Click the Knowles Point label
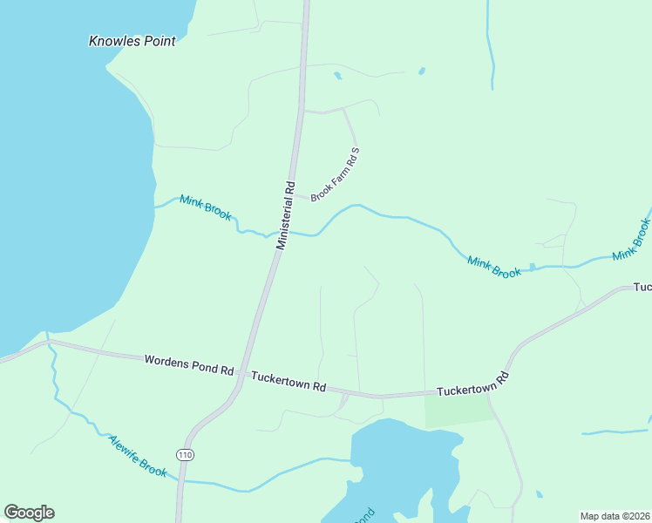click(x=132, y=41)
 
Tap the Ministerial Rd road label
click(x=286, y=215)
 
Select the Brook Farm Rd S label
click(x=336, y=174)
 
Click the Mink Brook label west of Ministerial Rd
click(x=206, y=207)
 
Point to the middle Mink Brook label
click(x=494, y=267)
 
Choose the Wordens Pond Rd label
click(x=189, y=364)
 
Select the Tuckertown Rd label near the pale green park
click(x=472, y=384)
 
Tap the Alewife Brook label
click(x=138, y=456)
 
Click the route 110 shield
click(x=184, y=455)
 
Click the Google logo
click(x=29, y=513)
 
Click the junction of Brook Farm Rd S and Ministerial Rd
click(x=293, y=195)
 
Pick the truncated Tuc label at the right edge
click(x=642, y=287)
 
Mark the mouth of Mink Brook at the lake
click(x=155, y=207)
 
